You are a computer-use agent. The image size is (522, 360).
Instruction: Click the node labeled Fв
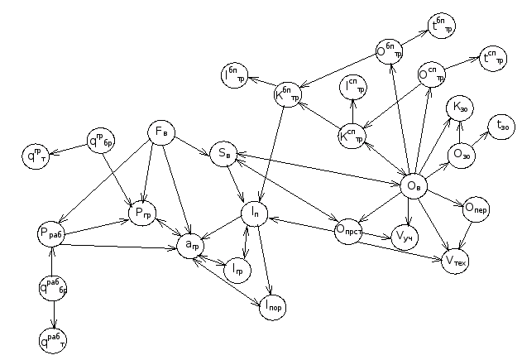point(161,132)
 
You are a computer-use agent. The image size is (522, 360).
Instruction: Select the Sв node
point(224,153)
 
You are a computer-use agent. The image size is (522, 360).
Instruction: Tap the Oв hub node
point(414,186)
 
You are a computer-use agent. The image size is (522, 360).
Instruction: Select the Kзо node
point(459,108)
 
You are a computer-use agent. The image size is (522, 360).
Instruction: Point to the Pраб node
point(51,234)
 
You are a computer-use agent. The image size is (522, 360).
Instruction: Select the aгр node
point(190,245)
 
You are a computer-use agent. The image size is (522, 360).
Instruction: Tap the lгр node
point(237,270)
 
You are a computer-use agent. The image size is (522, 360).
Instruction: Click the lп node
point(255,214)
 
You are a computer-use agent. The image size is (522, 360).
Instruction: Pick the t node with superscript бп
point(441,28)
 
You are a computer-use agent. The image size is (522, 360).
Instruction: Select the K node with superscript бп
point(288,95)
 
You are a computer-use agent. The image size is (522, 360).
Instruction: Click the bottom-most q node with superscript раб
point(54,338)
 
